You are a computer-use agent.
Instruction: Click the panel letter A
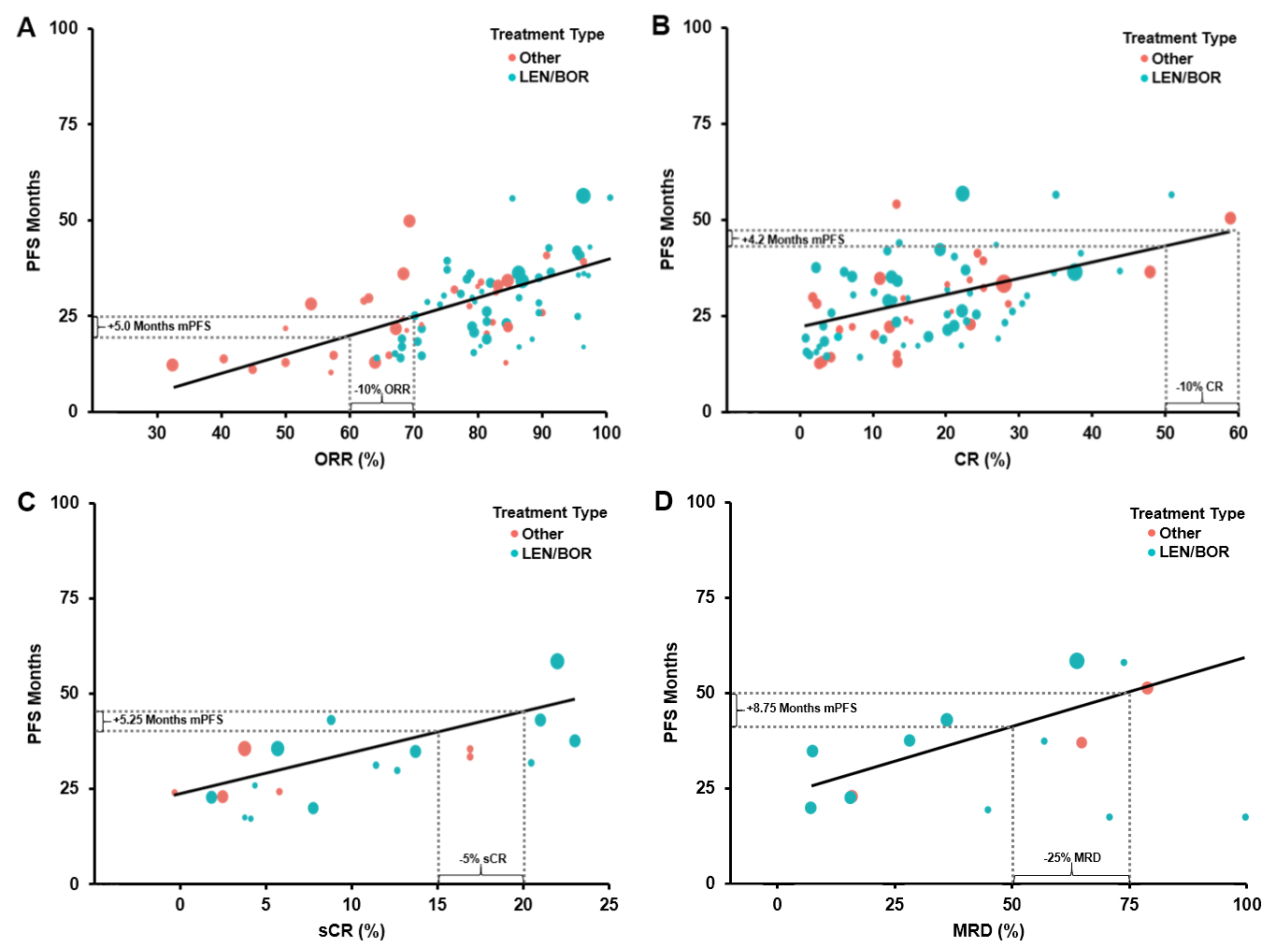pyautogui.click(x=26, y=28)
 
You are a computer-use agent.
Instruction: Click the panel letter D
pyautogui.click(x=663, y=501)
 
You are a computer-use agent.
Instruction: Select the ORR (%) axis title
pyautogui.click(x=350, y=459)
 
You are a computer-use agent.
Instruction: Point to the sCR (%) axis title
pyautogui.click(x=351, y=930)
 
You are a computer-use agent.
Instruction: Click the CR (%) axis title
pyautogui.click(x=982, y=459)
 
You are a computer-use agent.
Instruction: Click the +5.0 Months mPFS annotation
pyautogui.click(x=160, y=326)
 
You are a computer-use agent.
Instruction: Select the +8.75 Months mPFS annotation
pyautogui.click(x=801, y=708)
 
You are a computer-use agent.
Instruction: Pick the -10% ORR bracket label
pyautogui.click(x=382, y=389)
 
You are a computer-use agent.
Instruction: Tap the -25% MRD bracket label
pyautogui.click(x=1072, y=857)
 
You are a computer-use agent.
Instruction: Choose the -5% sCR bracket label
pyautogui.click(x=482, y=858)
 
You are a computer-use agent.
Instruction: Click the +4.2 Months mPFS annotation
pyautogui.click(x=793, y=240)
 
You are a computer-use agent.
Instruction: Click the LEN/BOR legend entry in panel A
pyautogui.click(x=553, y=77)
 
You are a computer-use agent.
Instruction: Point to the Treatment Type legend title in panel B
pyautogui.click(x=1179, y=38)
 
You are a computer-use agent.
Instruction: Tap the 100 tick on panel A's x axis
pyautogui.click(x=607, y=432)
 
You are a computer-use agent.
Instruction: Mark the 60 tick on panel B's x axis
pyautogui.click(x=1238, y=432)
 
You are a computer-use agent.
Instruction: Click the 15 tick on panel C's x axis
pyautogui.click(x=437, y=904)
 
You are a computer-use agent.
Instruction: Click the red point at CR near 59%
pyautogui.click(x=1230, y=218)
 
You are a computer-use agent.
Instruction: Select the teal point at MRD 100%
pyautogui.click(x=1245, y=817)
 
